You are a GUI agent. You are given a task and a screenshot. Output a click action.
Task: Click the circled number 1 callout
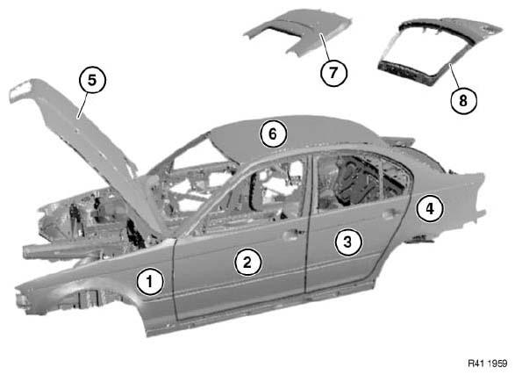click(x=150, y=281)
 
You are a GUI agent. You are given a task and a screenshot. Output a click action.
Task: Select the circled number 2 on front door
click(x=247, y=262)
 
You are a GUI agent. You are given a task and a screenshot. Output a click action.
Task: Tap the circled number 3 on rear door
click(x=348, y=242)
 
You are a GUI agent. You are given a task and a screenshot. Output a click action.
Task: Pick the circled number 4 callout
click(x=430, y=208)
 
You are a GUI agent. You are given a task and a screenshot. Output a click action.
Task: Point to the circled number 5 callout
click(x=92, y=80)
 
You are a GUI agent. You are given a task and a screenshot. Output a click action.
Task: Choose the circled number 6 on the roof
click(x=273, y=133)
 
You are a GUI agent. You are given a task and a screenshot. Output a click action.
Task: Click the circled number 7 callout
click(x=333, y=72)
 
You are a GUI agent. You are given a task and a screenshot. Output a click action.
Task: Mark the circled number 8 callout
click(x=463, y=100)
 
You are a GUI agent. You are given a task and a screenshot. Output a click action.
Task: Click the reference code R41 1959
click(x=488, y=364)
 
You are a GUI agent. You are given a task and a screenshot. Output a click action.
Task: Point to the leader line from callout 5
click(x=82, y=105)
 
